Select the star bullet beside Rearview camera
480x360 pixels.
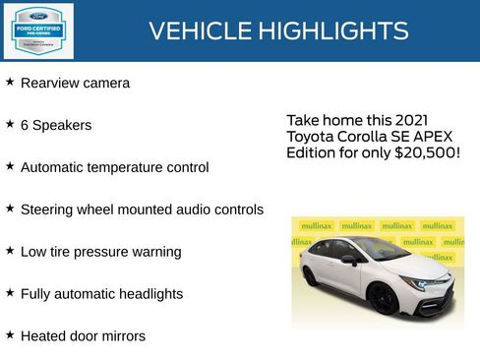pos(10,82)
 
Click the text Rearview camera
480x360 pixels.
pos(75,84)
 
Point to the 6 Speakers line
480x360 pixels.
pos(56,126)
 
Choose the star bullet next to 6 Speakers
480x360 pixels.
pos(10,124)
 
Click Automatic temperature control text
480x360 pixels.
pos(114,168)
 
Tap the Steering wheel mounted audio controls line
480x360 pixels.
pos(142,210)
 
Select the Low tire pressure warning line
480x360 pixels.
pos(100,253)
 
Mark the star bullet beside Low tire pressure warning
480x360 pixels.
pos(10,251)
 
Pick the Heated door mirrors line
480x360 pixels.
pos(83,337)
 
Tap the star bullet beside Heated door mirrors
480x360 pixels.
pos(10,335)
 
